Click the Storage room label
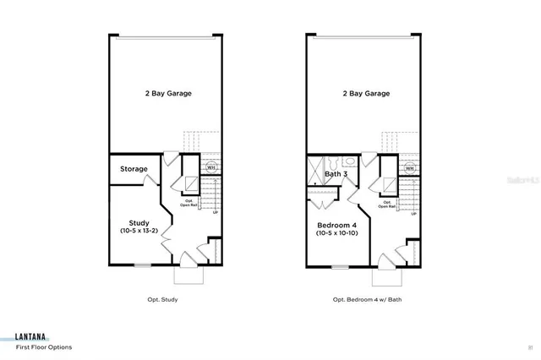(x=134, y=169)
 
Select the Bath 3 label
(x=336, y=174)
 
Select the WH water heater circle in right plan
(x=410, y=168)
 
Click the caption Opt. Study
(x=161, y=299)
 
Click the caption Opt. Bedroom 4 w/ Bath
(x=363, y=299)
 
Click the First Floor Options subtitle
(x=43, y=347)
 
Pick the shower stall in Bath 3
(x=314, y=166)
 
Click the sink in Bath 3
(x=350, y=160)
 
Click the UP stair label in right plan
(x=413, y=214)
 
